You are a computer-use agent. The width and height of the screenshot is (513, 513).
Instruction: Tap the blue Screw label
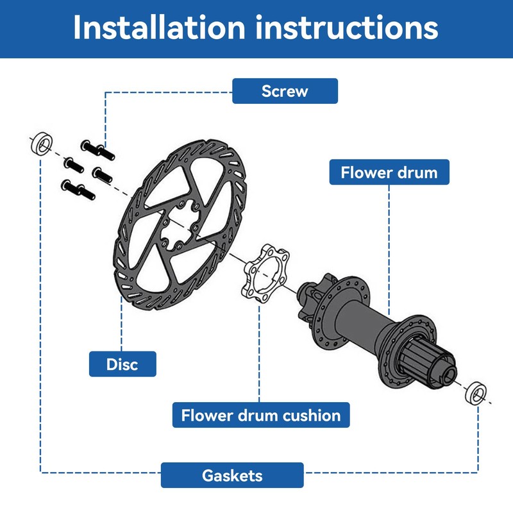(285, 91)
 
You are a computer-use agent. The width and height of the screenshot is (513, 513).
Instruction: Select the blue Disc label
(122, 364)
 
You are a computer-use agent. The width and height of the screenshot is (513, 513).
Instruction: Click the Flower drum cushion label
(261, 415)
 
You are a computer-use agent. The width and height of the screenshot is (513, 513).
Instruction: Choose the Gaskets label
(232, 475)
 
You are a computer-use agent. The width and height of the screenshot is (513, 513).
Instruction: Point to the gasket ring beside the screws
(42, 142)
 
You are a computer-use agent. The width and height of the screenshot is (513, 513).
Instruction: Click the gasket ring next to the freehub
(475, 391)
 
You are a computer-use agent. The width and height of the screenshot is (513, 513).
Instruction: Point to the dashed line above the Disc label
(122, 327)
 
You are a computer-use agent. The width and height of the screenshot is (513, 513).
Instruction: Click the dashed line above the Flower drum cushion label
(260, 353)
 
